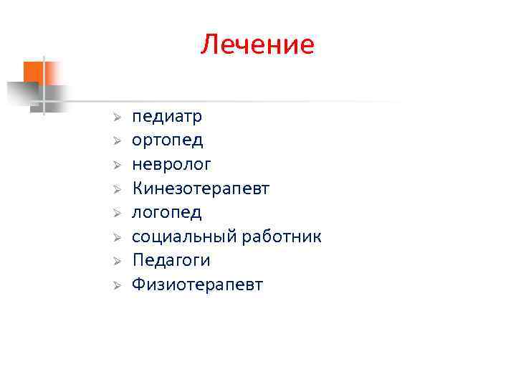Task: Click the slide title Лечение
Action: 257,44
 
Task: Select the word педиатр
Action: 167,116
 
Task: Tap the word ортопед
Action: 167,140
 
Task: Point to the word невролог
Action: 171,165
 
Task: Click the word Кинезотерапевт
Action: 201,188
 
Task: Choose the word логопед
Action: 167,213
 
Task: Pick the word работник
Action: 282,236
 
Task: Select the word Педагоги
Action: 171,260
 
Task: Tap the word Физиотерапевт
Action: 197,285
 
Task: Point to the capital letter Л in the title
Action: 209,45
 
